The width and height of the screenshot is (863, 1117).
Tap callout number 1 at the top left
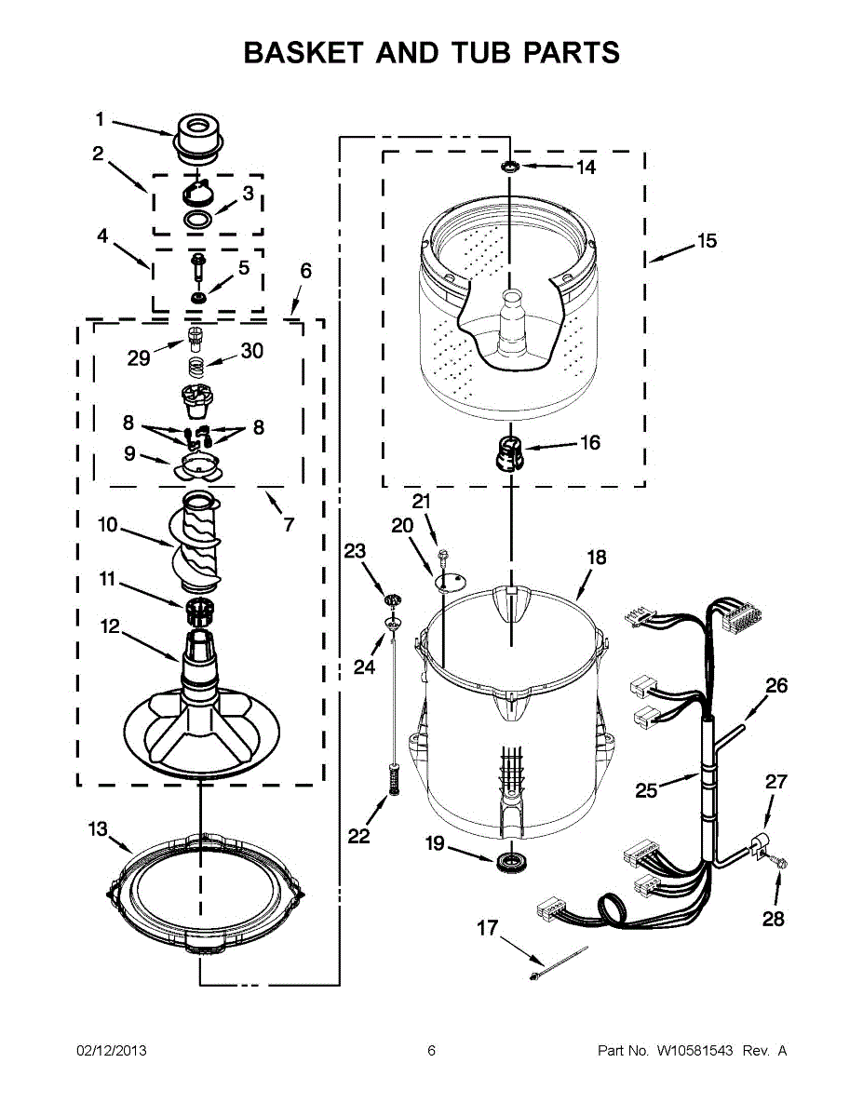tap(100, 119)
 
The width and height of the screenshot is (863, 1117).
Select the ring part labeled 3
tap(196, 220)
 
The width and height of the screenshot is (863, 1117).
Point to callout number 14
tap(585, 168)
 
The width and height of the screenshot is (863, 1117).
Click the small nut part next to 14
tap(510, 167)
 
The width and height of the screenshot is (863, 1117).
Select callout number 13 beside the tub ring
tap(98, 829)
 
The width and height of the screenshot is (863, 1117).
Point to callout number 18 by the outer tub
tap(596, 558)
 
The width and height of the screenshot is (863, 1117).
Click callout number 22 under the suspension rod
tap(359, 836)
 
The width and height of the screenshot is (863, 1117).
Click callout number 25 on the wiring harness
tap(646, 790)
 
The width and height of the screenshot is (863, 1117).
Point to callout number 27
tap(776, 782)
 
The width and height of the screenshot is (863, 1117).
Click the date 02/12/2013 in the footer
tap(111, 1051)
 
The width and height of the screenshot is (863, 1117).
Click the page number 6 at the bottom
tap(431, 1051)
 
